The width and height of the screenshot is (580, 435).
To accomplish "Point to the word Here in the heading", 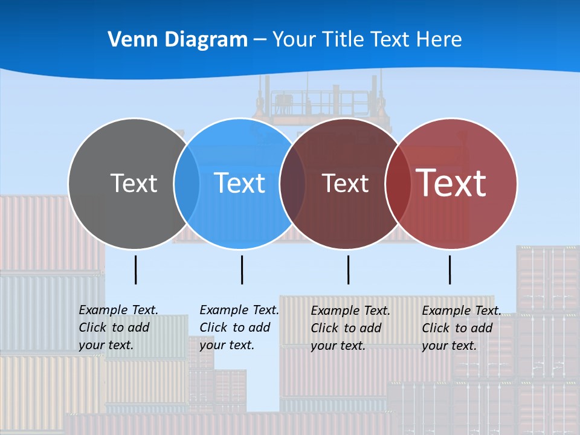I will coord(439,39).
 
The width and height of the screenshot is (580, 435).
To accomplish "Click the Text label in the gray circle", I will coord(134,183).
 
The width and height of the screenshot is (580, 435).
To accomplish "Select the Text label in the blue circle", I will coord(240,183).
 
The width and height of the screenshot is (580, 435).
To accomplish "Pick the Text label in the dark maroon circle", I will coord(345,183).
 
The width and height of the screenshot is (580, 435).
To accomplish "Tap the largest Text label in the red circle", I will coord(451,183).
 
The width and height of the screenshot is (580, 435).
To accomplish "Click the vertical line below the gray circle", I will coord(136,269).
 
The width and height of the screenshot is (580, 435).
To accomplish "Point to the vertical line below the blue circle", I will coord(242,269).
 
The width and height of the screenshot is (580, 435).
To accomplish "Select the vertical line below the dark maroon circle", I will coord(348,269).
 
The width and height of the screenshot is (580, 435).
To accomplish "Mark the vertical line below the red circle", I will coord(450,269).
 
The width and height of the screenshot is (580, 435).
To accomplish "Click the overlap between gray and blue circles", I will coord(187,183).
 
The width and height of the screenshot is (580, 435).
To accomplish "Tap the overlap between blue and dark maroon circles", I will coord(292,183).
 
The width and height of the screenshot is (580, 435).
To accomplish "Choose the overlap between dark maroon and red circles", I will coord(398,183).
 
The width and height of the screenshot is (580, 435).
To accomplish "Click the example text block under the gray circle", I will coord(118,327).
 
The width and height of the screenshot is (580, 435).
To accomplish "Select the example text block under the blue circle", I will coord(239,327).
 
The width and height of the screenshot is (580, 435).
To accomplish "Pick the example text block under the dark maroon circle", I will coord(350,328).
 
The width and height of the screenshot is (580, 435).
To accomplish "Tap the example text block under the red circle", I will coord(461,328).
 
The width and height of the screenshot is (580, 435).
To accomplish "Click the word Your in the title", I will coord(295,39).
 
